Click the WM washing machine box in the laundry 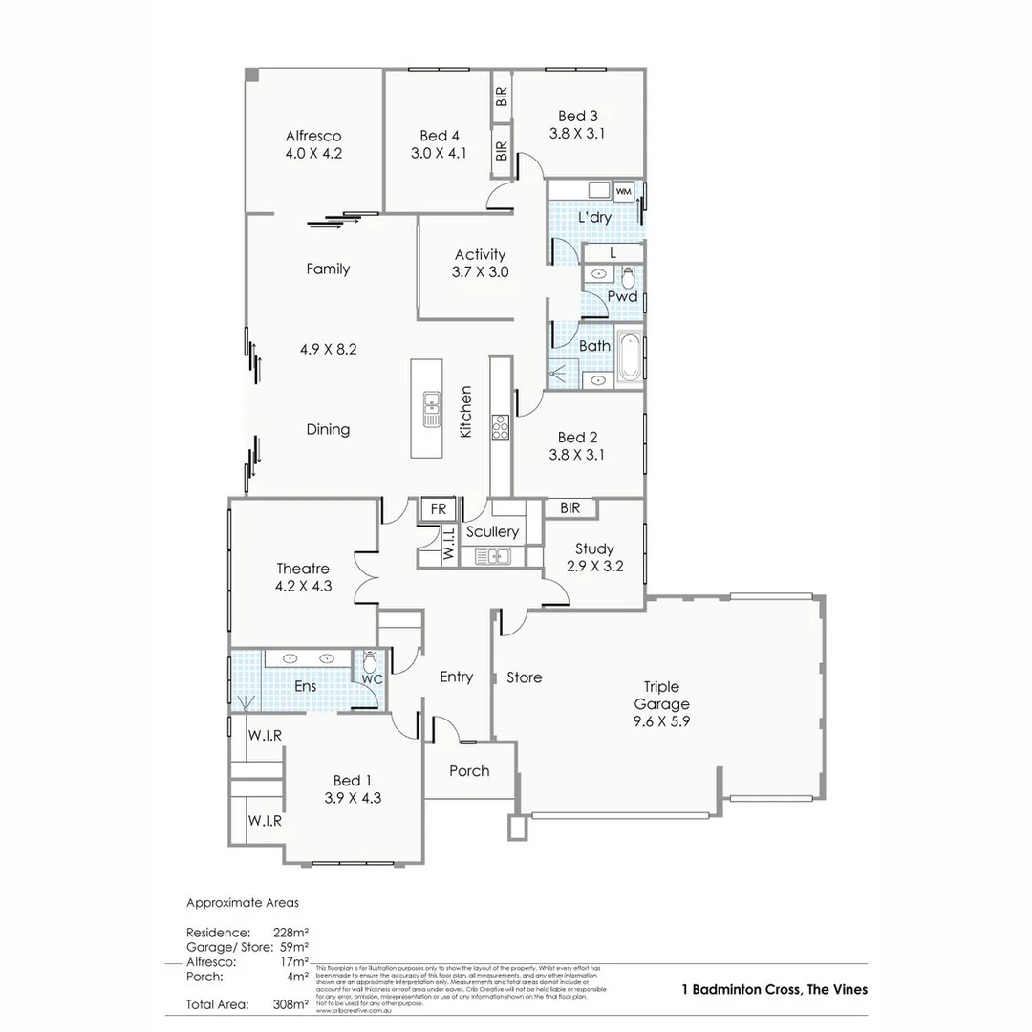click(623, 192)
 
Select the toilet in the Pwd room click(628, 278)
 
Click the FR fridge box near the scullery click(439, 509)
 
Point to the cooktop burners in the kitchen click(500, 427)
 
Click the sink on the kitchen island click(432, 409)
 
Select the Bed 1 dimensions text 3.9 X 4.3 click(352, 797)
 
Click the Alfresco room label click(312, 136)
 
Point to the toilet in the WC click(369, 661)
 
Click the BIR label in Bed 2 click(570, 508)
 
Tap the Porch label click(469, 771)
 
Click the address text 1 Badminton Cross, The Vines click(774, 989)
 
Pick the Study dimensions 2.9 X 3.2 click(594, 567)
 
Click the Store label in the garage click(524, 677)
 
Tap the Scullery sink click(493, 555)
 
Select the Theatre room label click(303, 569)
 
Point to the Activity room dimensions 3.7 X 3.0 click(480, 271)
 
